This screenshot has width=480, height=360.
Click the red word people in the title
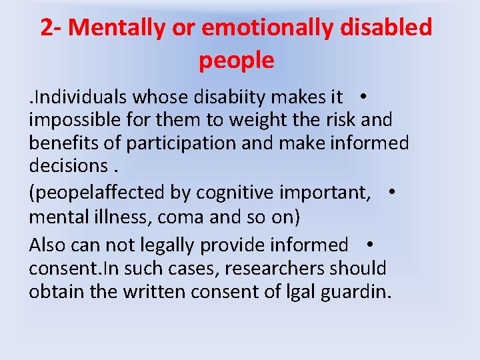tap(236, 60)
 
